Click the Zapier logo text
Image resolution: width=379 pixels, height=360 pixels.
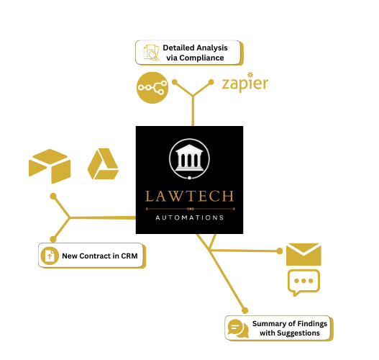(x=245, y=85)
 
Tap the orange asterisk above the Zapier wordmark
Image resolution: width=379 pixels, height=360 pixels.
(x=250, y=73)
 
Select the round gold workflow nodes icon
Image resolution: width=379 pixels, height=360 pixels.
(x=152, y=87)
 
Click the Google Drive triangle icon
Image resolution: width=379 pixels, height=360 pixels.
(x=103, y=164)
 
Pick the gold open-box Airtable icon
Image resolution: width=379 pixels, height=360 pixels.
(x=49, y=166)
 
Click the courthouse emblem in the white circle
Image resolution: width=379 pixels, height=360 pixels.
(x=189, y=158)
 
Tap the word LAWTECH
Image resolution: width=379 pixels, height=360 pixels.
(x=189, y=197)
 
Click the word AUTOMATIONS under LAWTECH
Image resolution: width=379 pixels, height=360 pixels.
(x=189, y=217)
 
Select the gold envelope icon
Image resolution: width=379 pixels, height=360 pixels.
(x=303, y=254)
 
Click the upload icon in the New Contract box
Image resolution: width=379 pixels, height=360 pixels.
(x=50, y=256)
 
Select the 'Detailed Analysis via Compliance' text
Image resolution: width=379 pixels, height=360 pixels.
(x=195, y=53)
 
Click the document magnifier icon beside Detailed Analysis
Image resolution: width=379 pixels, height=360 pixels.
(x=151, y=53)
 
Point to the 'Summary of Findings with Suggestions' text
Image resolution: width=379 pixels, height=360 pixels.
(x=289, y=328)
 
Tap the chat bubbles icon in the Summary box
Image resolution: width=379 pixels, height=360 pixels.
(x=238, y=328)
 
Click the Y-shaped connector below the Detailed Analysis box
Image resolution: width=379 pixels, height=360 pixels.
(x=192, y=96)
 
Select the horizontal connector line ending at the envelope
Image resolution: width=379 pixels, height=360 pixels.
(x=245, y=251)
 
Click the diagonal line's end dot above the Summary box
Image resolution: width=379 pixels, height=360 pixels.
(x=246, y=309)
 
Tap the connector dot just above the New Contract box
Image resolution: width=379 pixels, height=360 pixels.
(x=52, y=239)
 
